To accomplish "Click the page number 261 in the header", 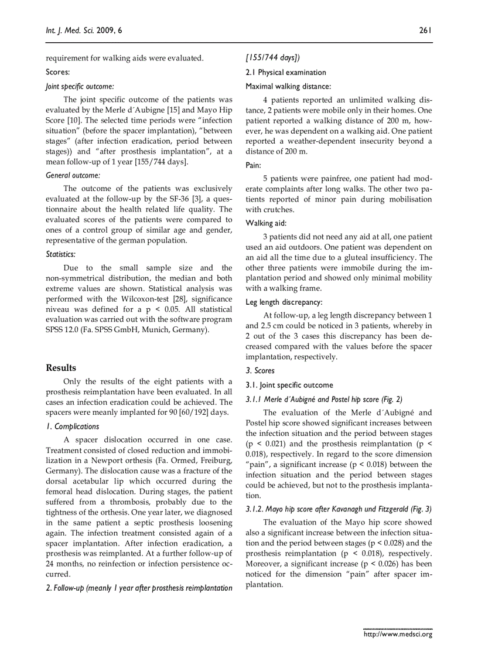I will (425, 30).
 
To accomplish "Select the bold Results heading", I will (61, 368).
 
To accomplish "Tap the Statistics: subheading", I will (61, 254).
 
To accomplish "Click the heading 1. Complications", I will (73, 427).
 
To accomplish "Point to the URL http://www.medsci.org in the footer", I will (398, 634).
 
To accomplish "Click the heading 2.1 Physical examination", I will (286, 73).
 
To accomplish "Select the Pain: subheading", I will (253, 166).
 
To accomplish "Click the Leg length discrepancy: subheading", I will (284, 302).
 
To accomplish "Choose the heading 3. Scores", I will (260, 371).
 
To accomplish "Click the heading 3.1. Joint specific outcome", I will (289, 385).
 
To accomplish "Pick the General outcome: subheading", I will (73, 175).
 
